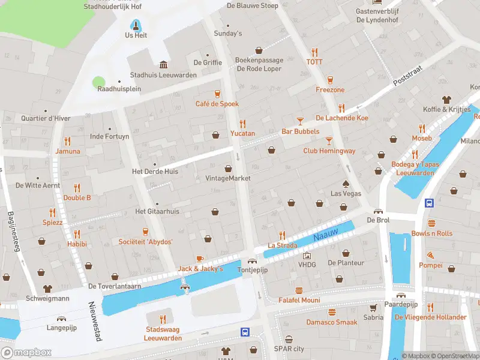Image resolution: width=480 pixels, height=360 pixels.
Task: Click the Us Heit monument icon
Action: point(136,25)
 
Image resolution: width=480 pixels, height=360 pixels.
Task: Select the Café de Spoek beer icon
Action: point(217,94)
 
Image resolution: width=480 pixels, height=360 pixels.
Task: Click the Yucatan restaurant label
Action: point(242,133)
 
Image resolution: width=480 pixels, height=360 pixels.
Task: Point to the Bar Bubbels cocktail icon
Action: point(300,121)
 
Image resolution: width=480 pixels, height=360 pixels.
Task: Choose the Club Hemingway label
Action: point(329,151)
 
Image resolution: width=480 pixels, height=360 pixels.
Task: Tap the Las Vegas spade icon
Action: point(346,184)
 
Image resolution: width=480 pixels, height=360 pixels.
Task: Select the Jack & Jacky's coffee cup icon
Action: point(200,259)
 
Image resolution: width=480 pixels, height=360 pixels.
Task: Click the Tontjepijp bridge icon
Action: point(251,260)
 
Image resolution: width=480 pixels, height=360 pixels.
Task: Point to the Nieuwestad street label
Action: point(96,322)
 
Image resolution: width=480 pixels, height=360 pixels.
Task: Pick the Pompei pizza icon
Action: point(430,255)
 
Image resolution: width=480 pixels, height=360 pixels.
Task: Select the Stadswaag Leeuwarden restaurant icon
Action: point(162,319)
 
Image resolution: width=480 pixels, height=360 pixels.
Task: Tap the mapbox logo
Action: point(26,352)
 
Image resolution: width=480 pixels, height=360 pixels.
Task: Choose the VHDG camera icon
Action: point(307,255)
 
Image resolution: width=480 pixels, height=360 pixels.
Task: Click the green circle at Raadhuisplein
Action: point(98,82)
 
